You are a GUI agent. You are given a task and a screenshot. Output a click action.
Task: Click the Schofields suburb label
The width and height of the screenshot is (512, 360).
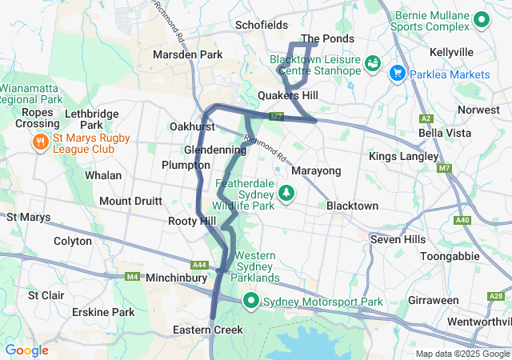261,26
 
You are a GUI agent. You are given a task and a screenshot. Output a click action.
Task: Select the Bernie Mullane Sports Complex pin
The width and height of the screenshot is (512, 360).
482,19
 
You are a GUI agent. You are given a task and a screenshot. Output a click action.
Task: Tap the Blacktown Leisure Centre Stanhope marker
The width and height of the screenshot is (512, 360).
373,62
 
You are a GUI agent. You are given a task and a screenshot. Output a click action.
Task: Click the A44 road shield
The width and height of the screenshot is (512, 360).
199,265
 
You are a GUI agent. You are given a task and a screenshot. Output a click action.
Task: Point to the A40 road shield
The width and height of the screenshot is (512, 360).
462,220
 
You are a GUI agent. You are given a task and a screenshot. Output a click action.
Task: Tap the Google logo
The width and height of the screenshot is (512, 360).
26,350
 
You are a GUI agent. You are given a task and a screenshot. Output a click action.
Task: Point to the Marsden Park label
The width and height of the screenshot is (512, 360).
188,55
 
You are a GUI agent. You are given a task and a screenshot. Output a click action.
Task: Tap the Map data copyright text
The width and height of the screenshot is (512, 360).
462,354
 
